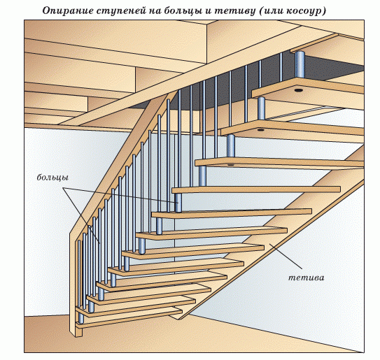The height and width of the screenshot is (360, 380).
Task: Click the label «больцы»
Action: [x=52, y=178]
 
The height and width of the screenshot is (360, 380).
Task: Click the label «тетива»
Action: [x=306, y=278]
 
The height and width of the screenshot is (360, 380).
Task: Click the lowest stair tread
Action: [x=129, y=317]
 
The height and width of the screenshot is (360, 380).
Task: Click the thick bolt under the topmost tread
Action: [x=261, y=108]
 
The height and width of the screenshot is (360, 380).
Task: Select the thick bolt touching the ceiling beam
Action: [x=300, y=64]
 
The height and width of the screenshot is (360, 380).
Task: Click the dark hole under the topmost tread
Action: [x=298, y=90]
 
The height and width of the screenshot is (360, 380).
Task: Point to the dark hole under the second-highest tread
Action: [x=261, y=130]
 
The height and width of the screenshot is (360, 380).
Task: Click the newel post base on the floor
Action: [x=78, y=332]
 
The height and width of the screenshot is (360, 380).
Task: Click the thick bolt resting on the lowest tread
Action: [x=81, y=318]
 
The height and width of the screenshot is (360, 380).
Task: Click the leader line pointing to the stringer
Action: [x=286, y=257]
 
